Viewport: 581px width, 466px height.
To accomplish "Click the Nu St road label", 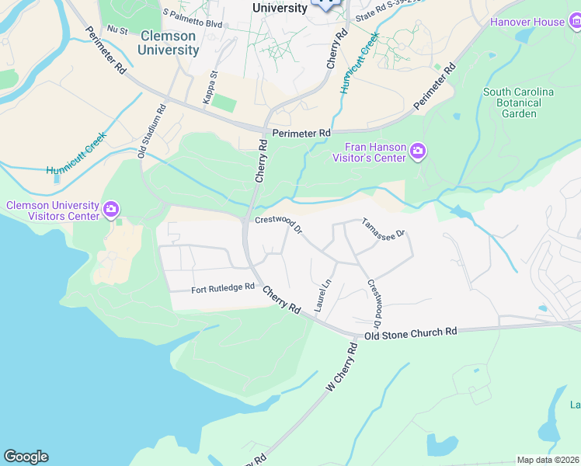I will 117,29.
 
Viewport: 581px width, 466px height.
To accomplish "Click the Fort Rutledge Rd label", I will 223,289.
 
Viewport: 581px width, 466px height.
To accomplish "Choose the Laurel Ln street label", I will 323,296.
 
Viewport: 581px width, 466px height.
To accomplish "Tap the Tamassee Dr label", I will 384,228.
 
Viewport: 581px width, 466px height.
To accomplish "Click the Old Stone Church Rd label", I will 411,332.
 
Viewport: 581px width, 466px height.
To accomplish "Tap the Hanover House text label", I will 527,22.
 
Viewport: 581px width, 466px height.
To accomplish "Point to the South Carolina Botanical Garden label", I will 518,103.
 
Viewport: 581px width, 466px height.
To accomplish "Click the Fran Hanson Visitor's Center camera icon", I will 418,151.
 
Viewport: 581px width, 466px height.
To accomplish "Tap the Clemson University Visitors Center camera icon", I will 111,208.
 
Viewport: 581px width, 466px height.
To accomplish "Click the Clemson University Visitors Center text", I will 53,210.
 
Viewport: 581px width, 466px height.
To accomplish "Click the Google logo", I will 26,457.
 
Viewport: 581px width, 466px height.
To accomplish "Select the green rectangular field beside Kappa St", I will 224,102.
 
